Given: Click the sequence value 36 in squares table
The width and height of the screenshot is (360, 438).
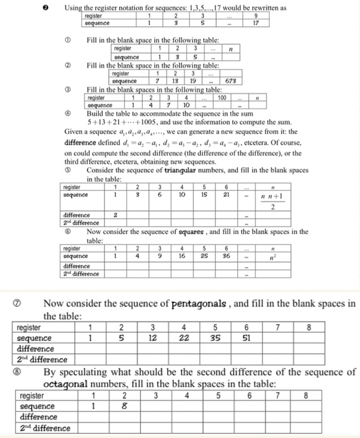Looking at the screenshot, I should coord(226,255).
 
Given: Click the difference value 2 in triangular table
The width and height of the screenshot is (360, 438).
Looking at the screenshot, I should coord(115,215).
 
